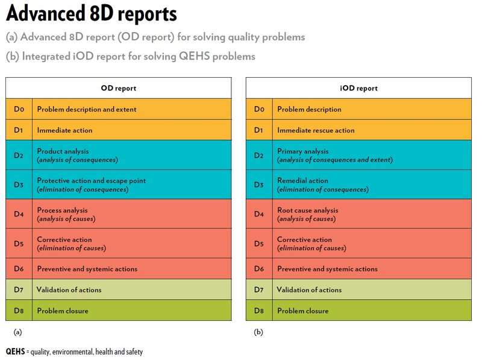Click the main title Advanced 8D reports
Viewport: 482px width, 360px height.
click(92, 14)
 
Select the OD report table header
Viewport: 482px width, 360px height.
click(118, 88)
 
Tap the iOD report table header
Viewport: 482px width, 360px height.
click(358, 88)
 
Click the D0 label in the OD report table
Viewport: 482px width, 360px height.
click(19, 109)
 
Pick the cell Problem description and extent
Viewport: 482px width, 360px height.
click(87, 109)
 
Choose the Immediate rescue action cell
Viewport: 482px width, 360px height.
click(316, 130)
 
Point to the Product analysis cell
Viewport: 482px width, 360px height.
click(77, 155)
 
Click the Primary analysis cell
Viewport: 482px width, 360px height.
click(334, 155)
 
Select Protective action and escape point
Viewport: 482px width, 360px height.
click(91, 185)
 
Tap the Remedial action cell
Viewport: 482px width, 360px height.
click(322, 185)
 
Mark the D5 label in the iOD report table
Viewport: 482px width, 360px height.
click(259, 244)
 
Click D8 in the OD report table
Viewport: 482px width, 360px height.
click(19, 311)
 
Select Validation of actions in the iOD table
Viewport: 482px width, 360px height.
click(309, 290)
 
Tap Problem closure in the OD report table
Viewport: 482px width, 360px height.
click(63, 311)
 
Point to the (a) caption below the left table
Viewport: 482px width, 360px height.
click(17, 332)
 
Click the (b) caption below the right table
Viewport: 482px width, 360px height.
click(258, 332)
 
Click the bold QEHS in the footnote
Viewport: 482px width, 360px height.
click(15, 351)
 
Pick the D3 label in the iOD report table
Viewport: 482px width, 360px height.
click(259, 185)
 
